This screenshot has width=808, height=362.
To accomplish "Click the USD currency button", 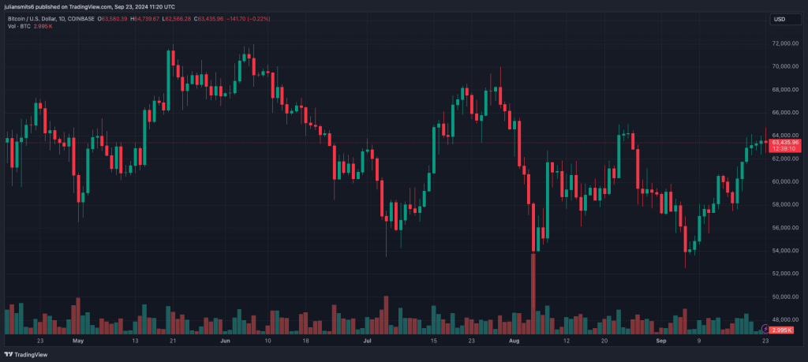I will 780,19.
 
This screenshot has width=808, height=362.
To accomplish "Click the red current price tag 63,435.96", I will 785,142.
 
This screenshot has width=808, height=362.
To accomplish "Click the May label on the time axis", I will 77,341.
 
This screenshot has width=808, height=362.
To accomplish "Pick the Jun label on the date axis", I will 226,341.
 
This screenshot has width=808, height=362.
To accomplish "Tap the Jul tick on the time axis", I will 367,341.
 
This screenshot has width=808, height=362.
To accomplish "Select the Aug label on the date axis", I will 514,341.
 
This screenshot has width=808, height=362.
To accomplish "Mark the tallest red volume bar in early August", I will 533,292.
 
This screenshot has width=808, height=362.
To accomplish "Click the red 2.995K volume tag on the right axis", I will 784,329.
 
